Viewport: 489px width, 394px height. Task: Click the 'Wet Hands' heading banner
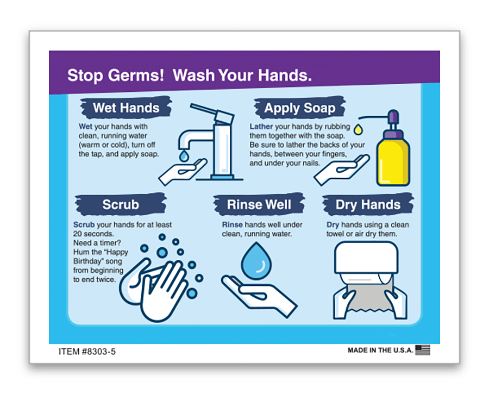(126, 108)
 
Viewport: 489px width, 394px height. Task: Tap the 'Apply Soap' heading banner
(299, 108)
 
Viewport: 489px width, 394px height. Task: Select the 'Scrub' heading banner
(121, 205)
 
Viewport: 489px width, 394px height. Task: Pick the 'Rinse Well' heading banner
(259, 205)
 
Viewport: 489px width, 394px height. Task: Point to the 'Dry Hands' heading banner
(368, 205)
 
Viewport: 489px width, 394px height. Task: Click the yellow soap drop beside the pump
(358, 129)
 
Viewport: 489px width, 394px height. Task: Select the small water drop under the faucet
(184, 155)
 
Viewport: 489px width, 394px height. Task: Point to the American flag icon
(423, 350)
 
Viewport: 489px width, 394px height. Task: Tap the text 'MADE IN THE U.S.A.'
(380, 351)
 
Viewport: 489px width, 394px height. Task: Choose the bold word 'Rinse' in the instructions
(233, 225)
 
